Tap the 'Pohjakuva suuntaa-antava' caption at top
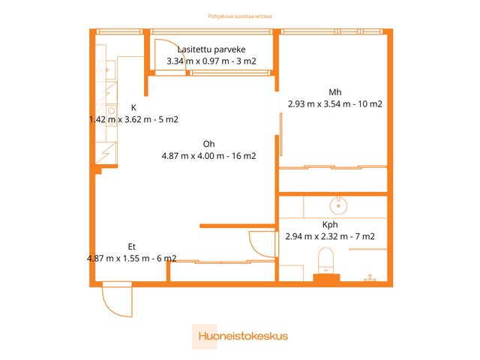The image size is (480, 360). [240, 13]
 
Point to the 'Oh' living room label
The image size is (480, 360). [208, 145]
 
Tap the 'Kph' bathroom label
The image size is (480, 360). [330, 224]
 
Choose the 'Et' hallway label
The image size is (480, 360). [131, 246]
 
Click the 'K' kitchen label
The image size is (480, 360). [133, 107]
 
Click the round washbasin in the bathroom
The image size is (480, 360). [337, 203]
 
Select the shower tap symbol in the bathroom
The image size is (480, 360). [369, 278]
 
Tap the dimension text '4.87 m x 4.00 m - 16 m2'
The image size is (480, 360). [208, 157]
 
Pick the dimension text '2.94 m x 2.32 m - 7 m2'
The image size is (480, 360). [330, 236]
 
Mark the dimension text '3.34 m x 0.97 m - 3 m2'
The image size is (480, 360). [211, 61]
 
